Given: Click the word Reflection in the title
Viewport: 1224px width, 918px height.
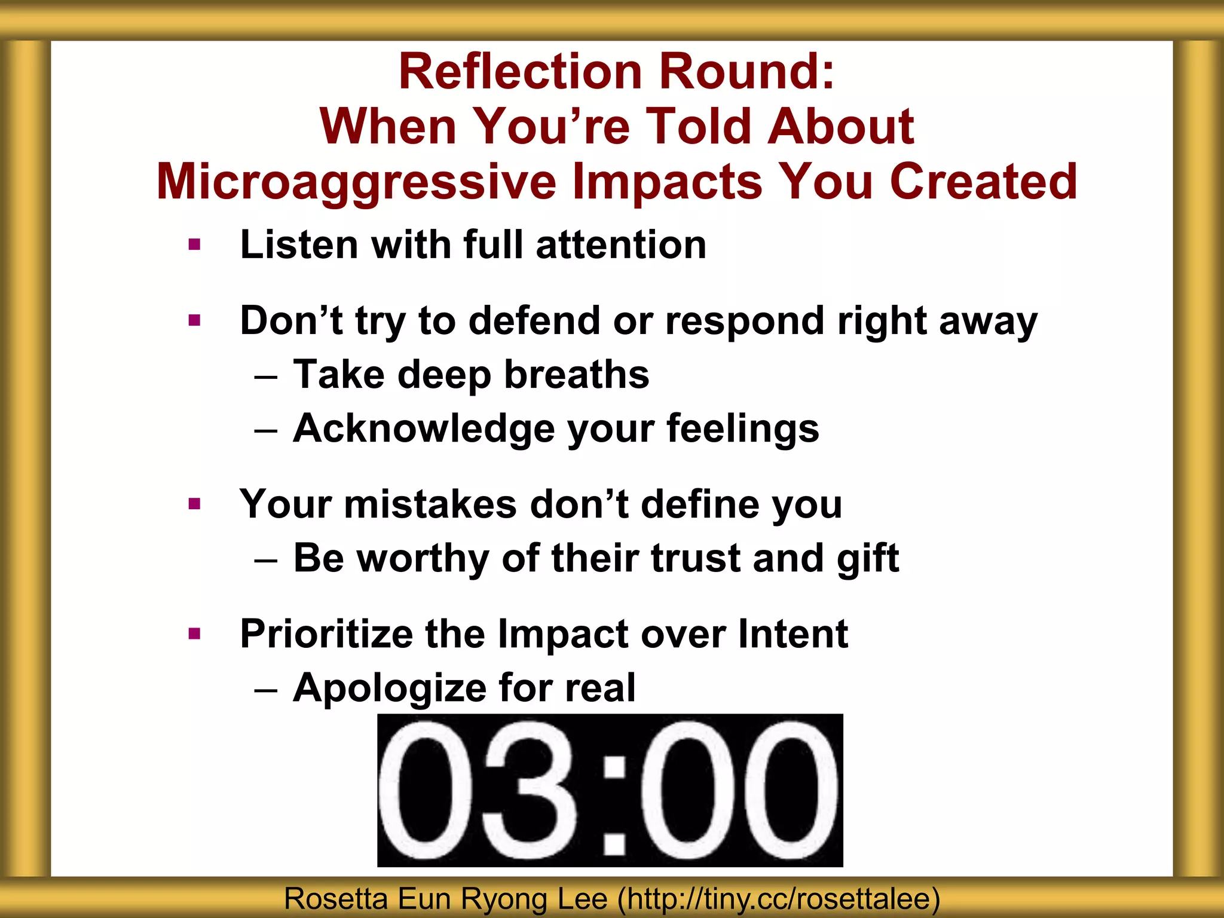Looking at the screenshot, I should [520, 71].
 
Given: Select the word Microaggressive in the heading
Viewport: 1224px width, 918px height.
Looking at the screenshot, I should [356, 182].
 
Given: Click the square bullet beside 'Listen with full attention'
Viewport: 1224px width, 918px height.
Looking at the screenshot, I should [194, 244].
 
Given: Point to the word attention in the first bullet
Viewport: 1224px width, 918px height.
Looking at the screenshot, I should [621, 245].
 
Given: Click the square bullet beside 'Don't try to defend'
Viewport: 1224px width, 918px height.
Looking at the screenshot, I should [194, 321].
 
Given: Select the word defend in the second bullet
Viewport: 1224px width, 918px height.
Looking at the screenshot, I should [534, 321].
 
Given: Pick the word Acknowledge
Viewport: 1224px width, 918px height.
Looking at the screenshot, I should [424, 429].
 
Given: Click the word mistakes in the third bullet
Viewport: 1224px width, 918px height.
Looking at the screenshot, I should [430, 504].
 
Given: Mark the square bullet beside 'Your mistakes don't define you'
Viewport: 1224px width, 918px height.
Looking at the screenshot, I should [194, 504].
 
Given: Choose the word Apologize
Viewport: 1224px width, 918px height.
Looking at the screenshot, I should [389, 688].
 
